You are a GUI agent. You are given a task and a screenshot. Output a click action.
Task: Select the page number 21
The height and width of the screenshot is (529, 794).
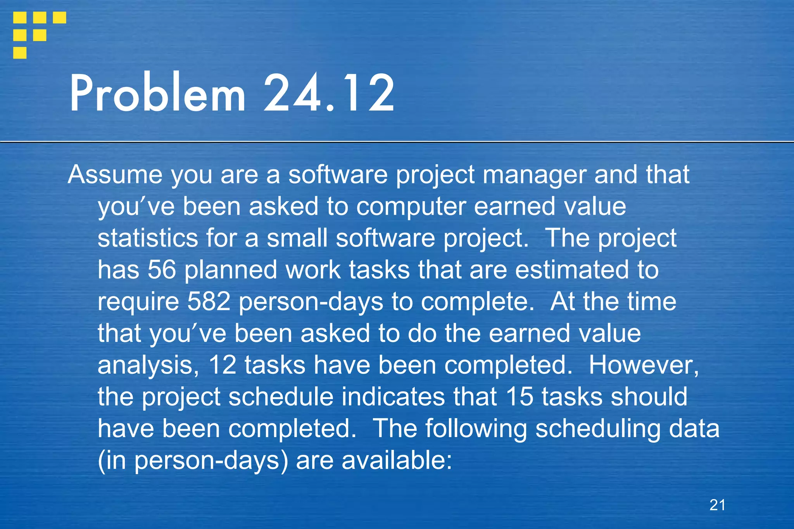(x=717, y=505)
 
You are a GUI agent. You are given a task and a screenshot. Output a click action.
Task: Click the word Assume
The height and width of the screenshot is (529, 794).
(x=115, y=175)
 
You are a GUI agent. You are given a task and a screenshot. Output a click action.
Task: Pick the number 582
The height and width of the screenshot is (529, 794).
(x=209, y=302)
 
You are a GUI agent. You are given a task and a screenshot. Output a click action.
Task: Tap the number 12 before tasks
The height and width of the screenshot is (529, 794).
(x=222, y=365)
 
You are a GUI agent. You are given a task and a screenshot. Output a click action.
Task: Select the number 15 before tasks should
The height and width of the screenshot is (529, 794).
(x=520, y=397)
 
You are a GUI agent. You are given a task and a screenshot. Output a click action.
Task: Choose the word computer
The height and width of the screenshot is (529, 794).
(x=411, y=207)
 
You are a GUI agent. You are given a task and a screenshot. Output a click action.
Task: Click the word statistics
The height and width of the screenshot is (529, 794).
(x=148, y=238)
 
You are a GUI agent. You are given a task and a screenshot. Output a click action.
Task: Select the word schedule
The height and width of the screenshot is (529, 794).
(x=281, y=397)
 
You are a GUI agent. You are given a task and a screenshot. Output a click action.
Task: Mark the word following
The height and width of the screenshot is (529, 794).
(x=476, y=429)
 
